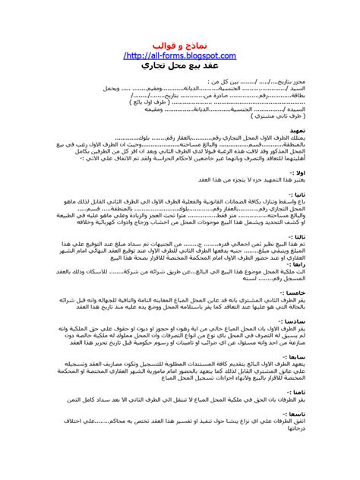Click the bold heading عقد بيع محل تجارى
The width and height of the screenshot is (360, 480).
click(179, 67)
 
